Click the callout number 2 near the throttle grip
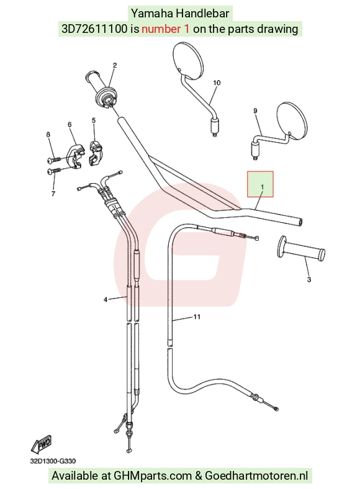tap(115, 65)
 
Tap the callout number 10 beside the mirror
tap(217, 83)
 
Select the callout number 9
tap(256, 110)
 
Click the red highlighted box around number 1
tap(260, 184)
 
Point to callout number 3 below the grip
tap(309, 279)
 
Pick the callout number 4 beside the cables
tap(106, 300)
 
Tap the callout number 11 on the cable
tap(197, 317)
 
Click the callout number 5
tap(94, 120)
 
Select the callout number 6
tap(70, 125)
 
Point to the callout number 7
tap(53, 194)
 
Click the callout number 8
tap(48, 135)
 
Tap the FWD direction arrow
tap(41, 444)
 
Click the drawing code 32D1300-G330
tap(53, 461)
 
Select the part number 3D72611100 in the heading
tap(94, 29)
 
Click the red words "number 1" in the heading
tap(165, 29)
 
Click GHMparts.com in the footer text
tap(153, 475)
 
